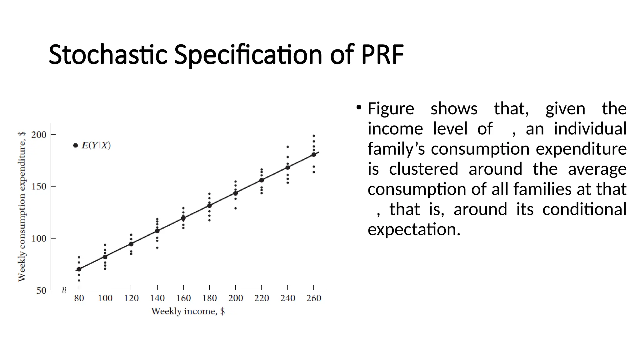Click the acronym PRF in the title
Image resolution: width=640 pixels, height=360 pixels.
click(x=382, y=55)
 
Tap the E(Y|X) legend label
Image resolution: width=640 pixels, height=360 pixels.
click(x=96, y=145)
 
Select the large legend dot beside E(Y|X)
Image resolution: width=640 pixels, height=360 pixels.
click(x=75, y=145)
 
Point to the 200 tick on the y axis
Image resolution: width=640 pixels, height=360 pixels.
click(x=39, y=135)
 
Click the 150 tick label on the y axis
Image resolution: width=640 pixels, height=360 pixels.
click(x=39, y=187)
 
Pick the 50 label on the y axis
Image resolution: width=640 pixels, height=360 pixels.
click(x=41, y=291)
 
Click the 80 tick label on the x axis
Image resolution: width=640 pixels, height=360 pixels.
click(x=79, y=298)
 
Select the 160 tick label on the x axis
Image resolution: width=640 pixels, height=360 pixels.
click(x=183, y=298)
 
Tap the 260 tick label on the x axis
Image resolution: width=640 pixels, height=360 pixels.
click(x=314, y=298)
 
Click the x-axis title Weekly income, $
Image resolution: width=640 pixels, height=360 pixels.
click(x=188, y=311)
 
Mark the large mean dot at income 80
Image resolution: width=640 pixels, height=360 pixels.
click(x=79, y=269)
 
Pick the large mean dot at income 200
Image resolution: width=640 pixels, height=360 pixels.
click(x=235, y=193)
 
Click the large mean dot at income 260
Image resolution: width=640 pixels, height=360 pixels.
click(x=314, y=154)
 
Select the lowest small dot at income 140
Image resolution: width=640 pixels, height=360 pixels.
click(x=157, y=248)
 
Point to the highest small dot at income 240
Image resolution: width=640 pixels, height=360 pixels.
click(x=287, y=147)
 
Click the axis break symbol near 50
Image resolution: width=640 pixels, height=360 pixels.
click(x=64, y=290)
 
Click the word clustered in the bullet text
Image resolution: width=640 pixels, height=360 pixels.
click(x=423, y=169)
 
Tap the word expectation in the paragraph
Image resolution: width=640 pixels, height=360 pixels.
click(x=414, y=229)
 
